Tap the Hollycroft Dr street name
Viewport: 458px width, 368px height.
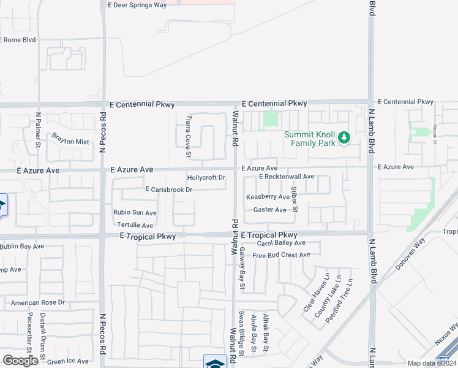coord(206,178)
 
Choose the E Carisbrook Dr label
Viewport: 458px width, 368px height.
coord(169,190)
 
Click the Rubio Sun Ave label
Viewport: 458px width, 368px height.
coord(135,213)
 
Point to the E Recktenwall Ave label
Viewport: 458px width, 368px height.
coord(287,177)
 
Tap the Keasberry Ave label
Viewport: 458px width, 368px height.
coord(268,197)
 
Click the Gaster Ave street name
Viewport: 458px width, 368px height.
coord(269,210)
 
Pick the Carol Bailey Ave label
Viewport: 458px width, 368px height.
coord(280,243)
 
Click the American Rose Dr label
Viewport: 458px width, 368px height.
coord(37,302)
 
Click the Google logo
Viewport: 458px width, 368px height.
coord(20,361)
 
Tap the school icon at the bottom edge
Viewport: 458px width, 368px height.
coord(215,362)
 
